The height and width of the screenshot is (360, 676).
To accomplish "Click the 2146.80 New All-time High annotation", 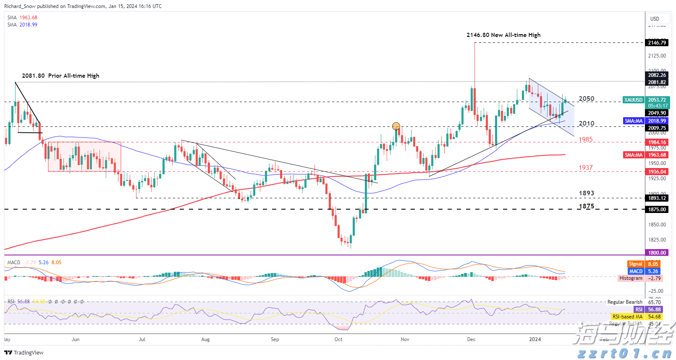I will tap(503, 35).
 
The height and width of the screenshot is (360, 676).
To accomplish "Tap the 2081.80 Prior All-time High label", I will tap(60, 76).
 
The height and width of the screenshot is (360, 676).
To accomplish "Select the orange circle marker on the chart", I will tap(396, 126).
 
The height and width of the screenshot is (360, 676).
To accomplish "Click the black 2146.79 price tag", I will tap(657, 43).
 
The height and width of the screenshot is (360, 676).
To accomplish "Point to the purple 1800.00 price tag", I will tap(657, 253).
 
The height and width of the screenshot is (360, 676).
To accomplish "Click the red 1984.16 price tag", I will tap(657, 142).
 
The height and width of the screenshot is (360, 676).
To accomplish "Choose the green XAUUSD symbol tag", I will tap(633, 100).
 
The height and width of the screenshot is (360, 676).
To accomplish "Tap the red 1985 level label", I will tap(586, 139).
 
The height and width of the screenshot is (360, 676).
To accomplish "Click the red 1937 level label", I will tap(586, 168).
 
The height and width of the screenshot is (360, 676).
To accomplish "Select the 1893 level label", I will tap(587, 194).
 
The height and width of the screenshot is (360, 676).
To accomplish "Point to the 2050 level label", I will tap(587, 99).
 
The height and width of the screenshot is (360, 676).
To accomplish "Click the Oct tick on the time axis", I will tap(338, 339).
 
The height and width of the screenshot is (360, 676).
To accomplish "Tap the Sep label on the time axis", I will tap(275, 339).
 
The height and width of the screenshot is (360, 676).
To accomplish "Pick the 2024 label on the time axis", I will tap(535, 339).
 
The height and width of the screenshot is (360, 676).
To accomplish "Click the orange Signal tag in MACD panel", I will tap(636, 264).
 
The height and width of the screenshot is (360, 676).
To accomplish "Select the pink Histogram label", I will tap(631, 279).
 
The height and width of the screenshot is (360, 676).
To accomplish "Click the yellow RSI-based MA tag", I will tap(627, 317).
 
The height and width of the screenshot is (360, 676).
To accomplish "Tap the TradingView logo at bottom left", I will tap(24, 353).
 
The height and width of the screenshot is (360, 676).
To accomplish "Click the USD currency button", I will tap(655, 19).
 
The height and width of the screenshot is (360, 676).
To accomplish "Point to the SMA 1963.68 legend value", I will tap(28, 18).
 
